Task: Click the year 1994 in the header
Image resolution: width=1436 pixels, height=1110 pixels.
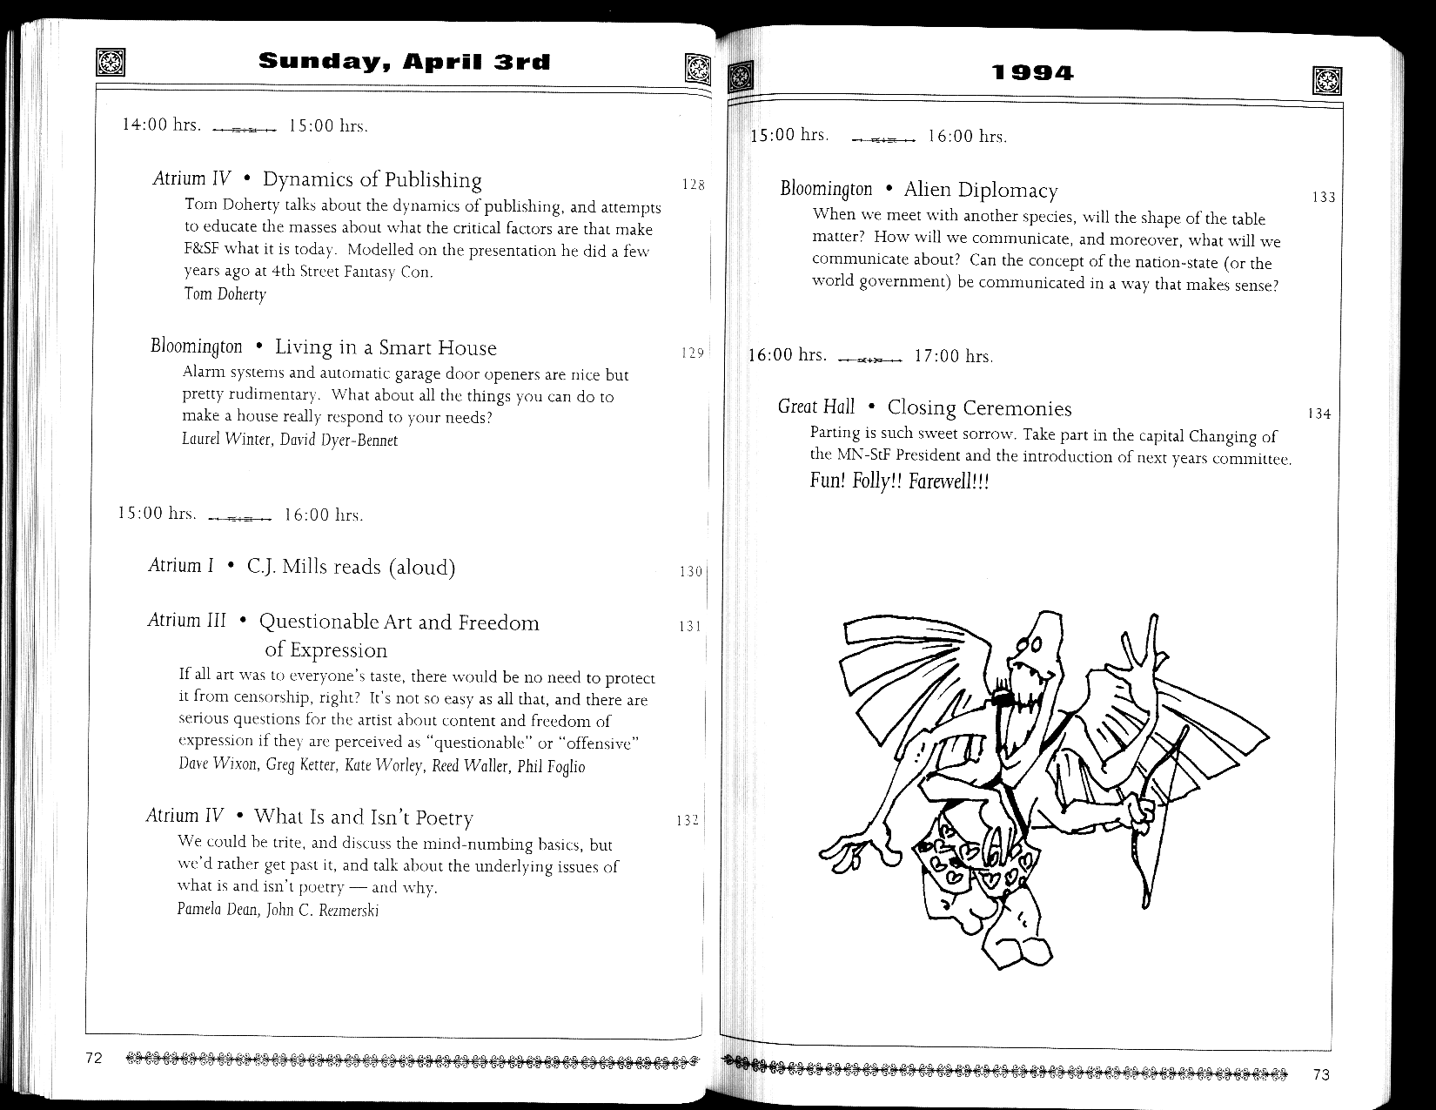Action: (x=1033, y=73)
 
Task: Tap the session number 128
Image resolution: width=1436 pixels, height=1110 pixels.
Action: (x=693, y=185)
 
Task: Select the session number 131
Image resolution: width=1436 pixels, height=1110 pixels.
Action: (x=689, y=626)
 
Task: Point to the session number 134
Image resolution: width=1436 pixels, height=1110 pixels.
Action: (x=1319, y=414)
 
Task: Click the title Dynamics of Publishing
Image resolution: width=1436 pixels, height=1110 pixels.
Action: (x=372, y=180)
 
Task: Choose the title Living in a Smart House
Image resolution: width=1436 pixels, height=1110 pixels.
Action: (x=386, y=348)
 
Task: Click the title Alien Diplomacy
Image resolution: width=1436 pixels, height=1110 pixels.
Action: (x=981, y=191)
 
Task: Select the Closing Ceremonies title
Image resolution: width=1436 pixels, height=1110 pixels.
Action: (x=979, y=408)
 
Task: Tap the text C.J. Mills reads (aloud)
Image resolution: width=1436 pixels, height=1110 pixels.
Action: (x=351, y=568)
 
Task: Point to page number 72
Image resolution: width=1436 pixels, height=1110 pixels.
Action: (x=94, y=1059)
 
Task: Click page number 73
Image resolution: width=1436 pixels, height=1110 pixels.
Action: (x=1321, y=1074)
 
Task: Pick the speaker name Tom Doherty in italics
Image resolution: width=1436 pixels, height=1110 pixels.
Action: (x=225, y=294)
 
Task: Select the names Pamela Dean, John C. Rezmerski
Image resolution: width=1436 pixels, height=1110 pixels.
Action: (x=278, y=911)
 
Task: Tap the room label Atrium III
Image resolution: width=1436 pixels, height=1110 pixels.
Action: (x=187, y=621)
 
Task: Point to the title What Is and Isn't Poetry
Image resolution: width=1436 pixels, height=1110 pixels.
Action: (x=363, y=817)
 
